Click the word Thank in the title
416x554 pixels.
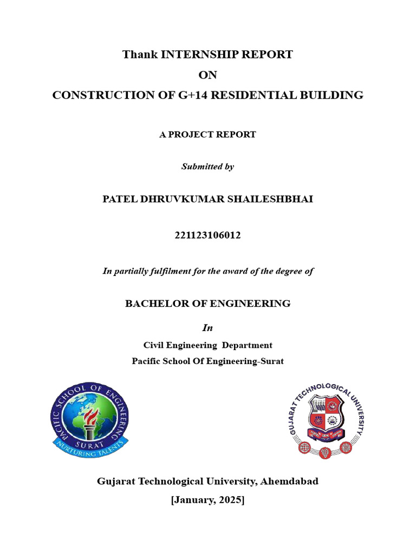136,55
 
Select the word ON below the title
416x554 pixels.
207,75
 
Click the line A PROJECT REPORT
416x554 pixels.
207,135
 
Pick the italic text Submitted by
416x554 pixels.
207,167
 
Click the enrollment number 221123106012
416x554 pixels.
207,235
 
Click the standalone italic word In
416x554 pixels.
207,328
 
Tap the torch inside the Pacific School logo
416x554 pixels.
90,421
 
